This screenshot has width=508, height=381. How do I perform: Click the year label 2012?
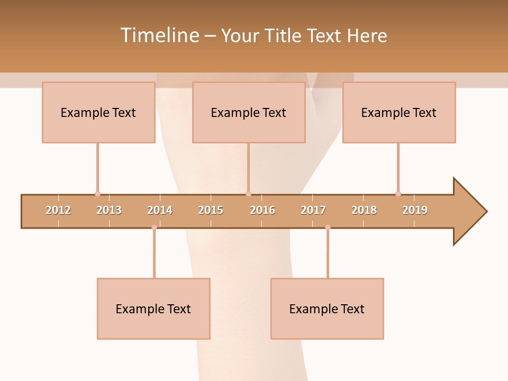pos(58,210)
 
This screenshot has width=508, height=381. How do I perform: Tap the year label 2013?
pos(109,210)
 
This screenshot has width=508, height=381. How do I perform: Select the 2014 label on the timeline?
pos(160,210)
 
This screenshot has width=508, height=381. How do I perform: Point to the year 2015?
pos(211,210)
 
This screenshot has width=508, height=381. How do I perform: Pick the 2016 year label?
pos(262,210)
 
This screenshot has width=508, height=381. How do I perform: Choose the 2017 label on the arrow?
pos(313,210)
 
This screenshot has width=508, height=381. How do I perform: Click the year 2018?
pos(364,210)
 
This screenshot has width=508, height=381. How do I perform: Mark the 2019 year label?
pos(415,210)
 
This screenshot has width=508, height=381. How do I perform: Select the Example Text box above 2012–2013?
pos(98,112)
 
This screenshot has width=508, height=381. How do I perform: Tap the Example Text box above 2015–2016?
pos(249,112)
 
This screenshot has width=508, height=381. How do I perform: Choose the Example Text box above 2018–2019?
pos(399,112)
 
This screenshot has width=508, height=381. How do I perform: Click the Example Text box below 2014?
pos(153,309)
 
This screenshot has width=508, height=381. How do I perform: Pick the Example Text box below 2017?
pos(327,309)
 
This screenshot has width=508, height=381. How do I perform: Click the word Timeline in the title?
pos(159,35)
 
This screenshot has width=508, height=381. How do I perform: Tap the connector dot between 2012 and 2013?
pos(97,194)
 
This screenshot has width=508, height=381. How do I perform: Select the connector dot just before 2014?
pos(154,228)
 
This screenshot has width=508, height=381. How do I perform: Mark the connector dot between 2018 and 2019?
pos(398,194)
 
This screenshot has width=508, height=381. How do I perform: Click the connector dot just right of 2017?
pos(328,228)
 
